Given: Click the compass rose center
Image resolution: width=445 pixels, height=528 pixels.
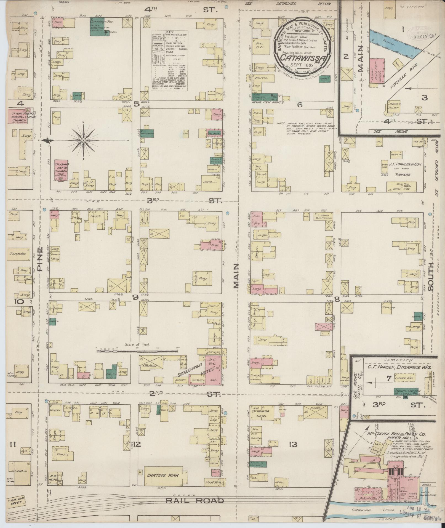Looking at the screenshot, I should pos(83,140).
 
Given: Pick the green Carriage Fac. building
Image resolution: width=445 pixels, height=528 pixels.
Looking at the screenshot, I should pos(99,27).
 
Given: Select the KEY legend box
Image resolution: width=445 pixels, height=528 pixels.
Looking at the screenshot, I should pos(169,65).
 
